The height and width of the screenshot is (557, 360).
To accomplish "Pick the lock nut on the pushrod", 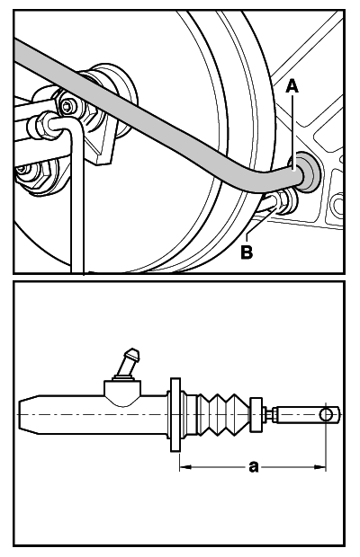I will click(x=269, y=414).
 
